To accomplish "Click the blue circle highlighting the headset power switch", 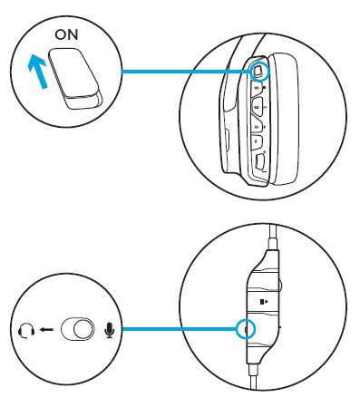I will [x=258, y=71].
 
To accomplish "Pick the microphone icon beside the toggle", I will [x=111, y=330].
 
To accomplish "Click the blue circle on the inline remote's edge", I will [x=244, y=329].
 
